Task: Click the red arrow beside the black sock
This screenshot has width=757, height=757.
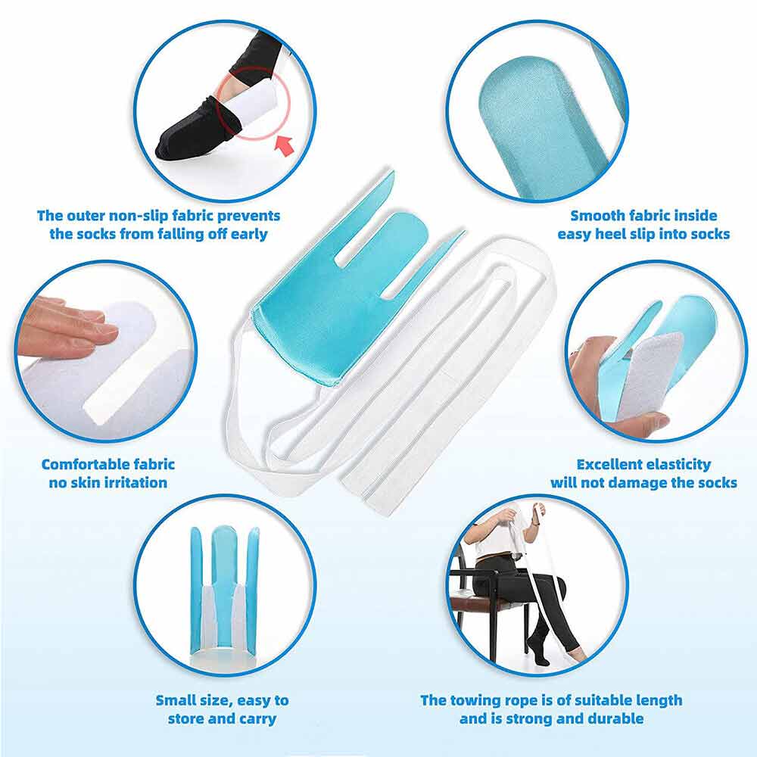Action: (285, 145)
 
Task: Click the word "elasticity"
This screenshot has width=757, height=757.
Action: (678, 465)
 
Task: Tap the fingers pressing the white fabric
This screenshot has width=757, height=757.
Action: (67, 328)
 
